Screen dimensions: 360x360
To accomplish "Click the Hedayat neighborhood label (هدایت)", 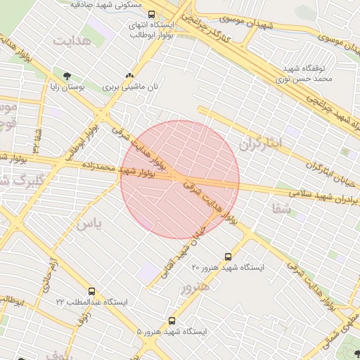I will tap(72, 41).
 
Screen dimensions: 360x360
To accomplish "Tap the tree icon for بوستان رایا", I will tap(67, 75).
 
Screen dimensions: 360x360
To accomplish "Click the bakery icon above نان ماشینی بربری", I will tap(129, 75).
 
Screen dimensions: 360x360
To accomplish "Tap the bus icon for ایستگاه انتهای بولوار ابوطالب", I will tap(151, 14).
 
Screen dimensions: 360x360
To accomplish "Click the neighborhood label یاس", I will tap(89, 224).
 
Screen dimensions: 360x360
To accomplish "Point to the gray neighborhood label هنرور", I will tap(195, 286).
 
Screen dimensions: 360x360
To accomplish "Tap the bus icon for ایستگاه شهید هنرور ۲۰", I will tap(228, 257).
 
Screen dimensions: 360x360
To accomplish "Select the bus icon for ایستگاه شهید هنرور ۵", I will tap(172, 321).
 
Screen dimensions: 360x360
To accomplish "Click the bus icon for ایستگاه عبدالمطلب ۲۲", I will tap(91, 291).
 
